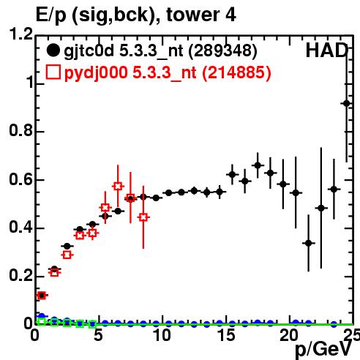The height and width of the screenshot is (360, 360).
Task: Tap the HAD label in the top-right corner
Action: pyautogui.click(x=326, y=50)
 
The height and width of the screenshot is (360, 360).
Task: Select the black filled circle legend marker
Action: pyautogui.click(x=53, y=50)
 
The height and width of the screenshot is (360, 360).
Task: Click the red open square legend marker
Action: pyautogui.click(x=53, y=72)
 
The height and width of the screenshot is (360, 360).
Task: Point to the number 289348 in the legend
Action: pyautogui.click(x=222, y=50)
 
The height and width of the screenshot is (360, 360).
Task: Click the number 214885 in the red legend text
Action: pyautogui.click(x=236, y=72)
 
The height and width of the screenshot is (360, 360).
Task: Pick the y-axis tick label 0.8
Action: pyautogui.click(x=20, y=130)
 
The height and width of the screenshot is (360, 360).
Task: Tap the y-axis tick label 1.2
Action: pyautogui.click(x=21, y=34)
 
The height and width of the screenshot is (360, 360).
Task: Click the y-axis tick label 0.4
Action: pyautogui.click(x=20, y=227)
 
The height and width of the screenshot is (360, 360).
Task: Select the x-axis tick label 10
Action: pyautogui.click(x=162, y=335)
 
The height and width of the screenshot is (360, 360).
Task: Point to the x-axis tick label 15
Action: pyautogui.click(x=226, y=335)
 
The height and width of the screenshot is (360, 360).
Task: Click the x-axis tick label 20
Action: pyautogui.click(x=289, y=335)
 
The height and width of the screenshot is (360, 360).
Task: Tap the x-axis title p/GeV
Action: pyautogui.click(x=323, y=349)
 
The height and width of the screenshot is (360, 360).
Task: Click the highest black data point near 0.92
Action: pyautogui.click(x=346, y=104)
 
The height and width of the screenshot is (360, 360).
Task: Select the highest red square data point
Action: pyautogui.click(x=118, y=187)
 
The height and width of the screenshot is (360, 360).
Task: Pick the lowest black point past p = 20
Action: pyautogui.click(x=309, y=243)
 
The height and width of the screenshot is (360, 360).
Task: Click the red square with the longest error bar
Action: pyautogui.click(x=143, y=217)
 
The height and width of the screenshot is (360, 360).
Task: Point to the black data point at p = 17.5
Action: pyautogui.click(x=258, y=165)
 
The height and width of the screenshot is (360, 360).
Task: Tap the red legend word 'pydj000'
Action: pyautogui.click(x=96, y=73)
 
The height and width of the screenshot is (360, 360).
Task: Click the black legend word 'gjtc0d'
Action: pyautogui.click(x=89, y=51)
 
